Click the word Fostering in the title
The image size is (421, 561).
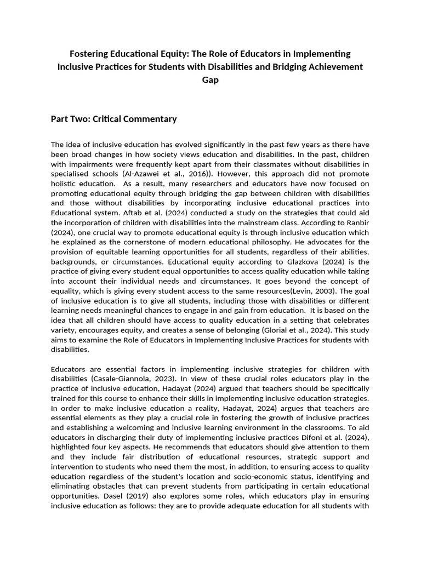click(90, 54)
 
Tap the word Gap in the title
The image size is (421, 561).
click(210, 79)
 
